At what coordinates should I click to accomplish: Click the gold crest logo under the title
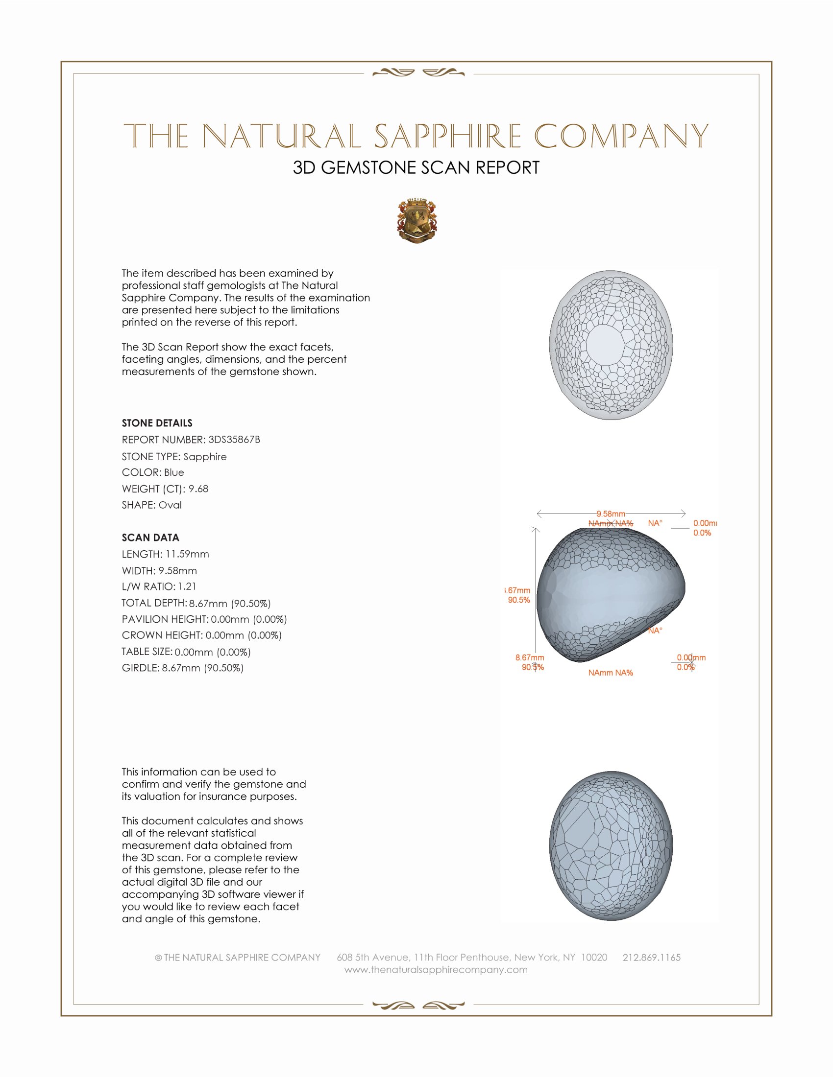(417, 221)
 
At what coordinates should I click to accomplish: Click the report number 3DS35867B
(234, 440)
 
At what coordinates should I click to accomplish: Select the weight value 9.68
(198, 489)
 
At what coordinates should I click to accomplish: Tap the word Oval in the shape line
(170, 505)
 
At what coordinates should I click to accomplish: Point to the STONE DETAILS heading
(157, 423)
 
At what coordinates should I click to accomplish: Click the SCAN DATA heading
(150, 538)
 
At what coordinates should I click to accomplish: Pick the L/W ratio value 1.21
(187, 587)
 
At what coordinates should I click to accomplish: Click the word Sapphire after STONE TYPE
(205, 457)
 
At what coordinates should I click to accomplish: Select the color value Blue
(174, 472)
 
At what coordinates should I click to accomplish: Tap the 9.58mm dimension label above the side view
(611, 514)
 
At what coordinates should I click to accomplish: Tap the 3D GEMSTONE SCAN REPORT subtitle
(416, 167)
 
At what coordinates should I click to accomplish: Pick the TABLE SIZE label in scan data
(147, 652)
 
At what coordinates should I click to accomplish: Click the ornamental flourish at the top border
(418, 73)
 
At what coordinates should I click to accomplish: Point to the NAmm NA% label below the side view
(611, 673)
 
